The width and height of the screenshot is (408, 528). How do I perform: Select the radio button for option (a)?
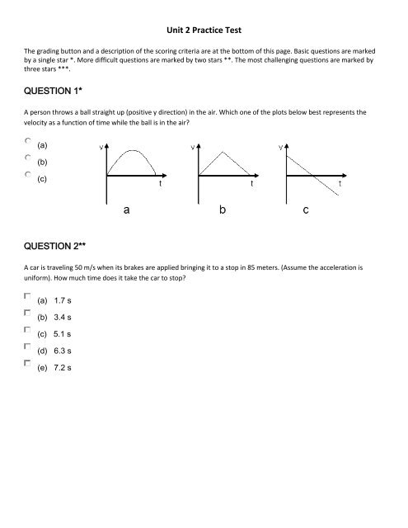(x=28, y=141)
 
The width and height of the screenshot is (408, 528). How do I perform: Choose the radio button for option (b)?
(x=28, y=158)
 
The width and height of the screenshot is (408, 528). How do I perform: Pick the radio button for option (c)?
(x=28, y=174)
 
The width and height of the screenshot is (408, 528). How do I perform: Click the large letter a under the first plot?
(x=125, y=211)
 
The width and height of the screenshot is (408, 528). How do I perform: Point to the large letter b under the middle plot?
(x=223, y=211)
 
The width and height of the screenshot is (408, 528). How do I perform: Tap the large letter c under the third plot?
(x=306, y=211)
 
